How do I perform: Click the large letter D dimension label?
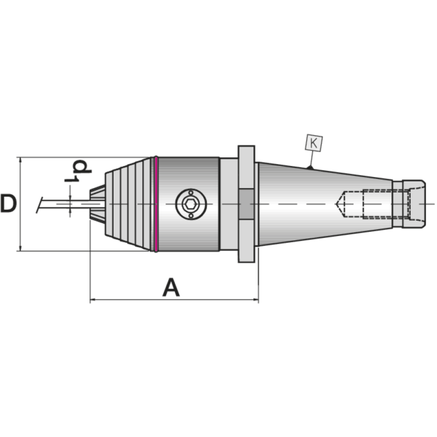[8, 204]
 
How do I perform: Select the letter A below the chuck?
[171, 287]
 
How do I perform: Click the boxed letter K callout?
[314, 143]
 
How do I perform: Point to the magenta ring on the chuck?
[156, 204]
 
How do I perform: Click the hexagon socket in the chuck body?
[189, 204]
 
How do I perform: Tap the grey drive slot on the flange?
[246, 204]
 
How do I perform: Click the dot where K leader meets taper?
[310, 168]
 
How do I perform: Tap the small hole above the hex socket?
[189, 192]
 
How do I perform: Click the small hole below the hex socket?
[189, 216]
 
